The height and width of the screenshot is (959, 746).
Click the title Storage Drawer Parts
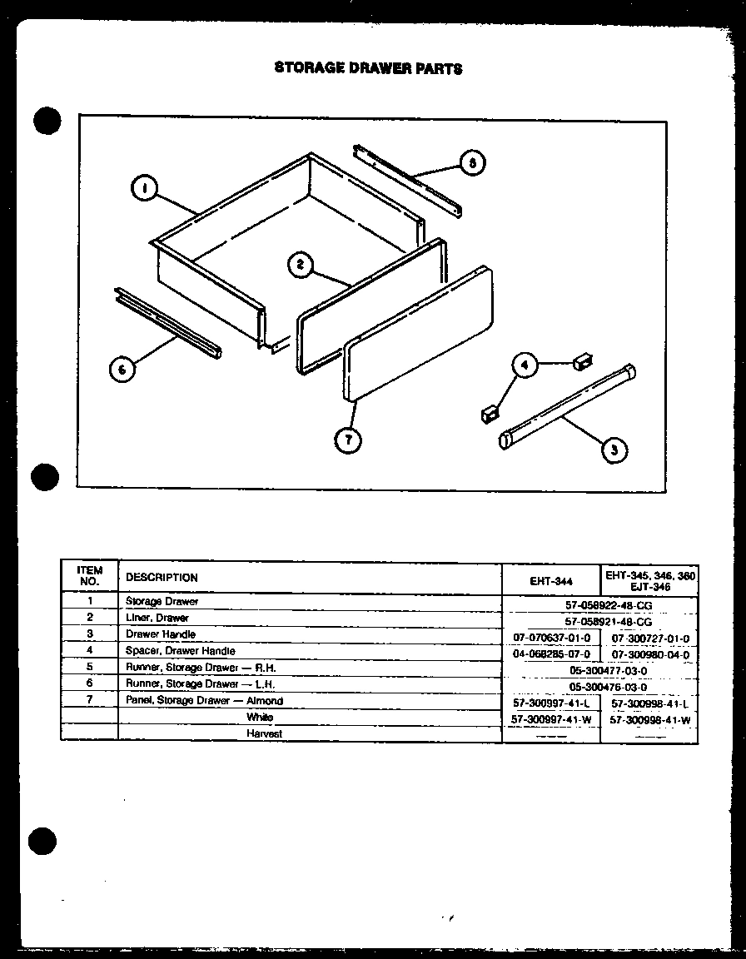tap(368, 68)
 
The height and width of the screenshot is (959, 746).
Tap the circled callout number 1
tap(145, 190)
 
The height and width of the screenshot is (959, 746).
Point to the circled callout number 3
tap(613, 450)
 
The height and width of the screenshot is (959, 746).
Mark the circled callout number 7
tap(347, 439)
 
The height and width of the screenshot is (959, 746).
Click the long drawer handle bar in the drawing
tap(566, 405)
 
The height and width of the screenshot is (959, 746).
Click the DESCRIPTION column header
tap(162, 578)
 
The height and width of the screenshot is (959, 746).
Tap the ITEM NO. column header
tap(89, 576)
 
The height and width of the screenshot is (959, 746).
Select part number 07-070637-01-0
tap(552, 639)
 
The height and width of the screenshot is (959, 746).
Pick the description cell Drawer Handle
tap(161, 634)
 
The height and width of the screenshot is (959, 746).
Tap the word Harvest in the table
tap(264, 733)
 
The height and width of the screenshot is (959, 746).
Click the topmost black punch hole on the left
tap(47, 121)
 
